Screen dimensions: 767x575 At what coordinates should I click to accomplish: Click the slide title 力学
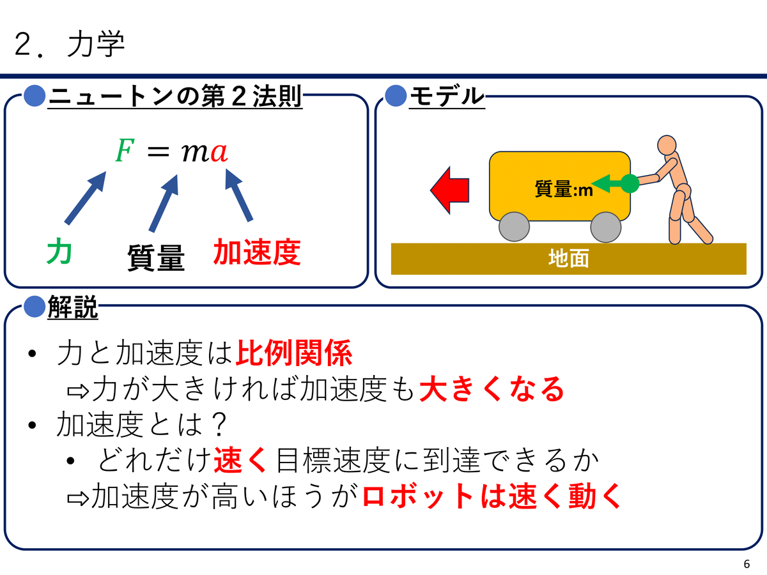coord(96,44)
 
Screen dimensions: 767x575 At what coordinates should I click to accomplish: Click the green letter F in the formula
coord(125,151)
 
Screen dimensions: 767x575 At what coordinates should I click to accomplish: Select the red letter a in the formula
coord(219,153)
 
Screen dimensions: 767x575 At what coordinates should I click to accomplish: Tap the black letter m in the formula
coord(196,153)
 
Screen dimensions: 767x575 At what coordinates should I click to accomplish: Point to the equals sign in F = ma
coord(159,153)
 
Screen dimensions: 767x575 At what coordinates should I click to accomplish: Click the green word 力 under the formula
coord(59,250)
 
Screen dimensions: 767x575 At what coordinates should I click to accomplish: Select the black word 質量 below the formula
coord(156,257)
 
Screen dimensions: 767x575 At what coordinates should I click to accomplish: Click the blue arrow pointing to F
coord(85,198)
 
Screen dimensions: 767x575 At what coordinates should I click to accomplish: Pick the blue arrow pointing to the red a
coord(238,195)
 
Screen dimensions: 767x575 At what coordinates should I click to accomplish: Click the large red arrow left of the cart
coord(450,190)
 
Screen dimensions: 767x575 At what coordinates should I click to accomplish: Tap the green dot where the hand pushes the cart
coord(630,183)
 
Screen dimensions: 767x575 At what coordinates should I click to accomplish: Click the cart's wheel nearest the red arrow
coord(514,227)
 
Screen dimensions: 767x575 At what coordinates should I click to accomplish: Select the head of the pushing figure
coord(667,145)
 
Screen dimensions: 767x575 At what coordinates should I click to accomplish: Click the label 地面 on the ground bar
coord(569,259)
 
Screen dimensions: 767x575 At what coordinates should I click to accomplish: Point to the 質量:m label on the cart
coord(564,189)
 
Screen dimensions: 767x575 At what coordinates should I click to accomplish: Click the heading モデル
coord(447,96)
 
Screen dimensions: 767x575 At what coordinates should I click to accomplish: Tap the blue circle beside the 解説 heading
coord(35,306)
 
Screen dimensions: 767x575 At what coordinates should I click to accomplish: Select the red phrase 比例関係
coord(294,353)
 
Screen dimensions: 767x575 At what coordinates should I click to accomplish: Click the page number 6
coord(747,564)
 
